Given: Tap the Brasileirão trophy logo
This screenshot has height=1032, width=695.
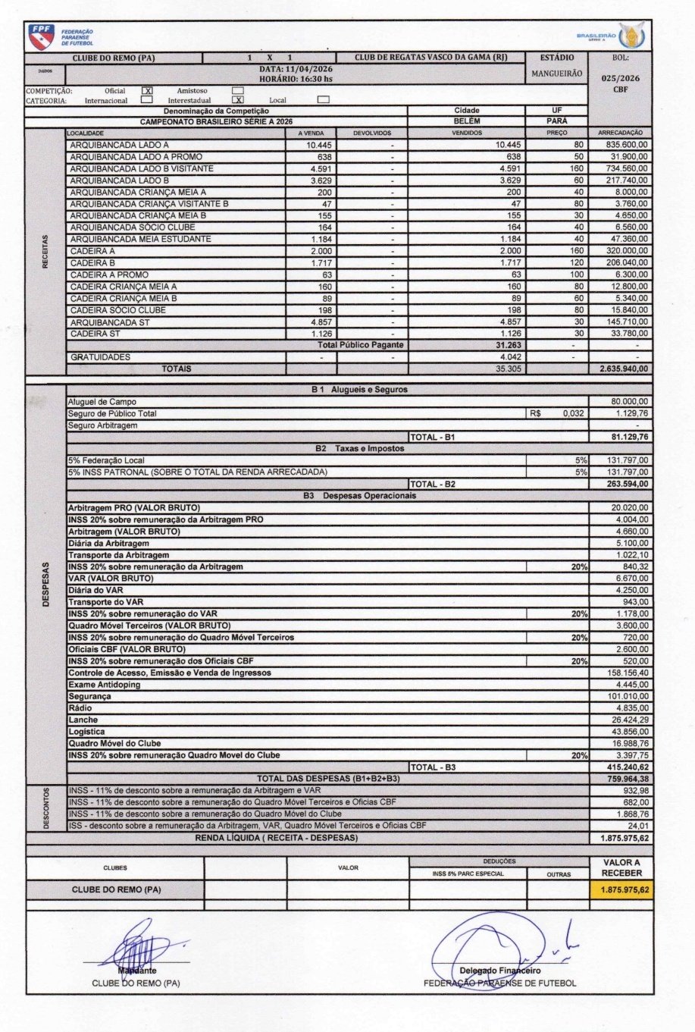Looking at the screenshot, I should click(x=628, y=35).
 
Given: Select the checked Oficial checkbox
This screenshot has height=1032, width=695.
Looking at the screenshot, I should click(x=148, y=90).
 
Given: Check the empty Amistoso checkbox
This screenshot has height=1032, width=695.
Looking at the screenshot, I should click(x=237, y=90).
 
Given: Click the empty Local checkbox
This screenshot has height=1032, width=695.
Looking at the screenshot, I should click(x=324, y=99).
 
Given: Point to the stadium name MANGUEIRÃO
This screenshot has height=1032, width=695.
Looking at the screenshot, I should click(x=556, y=74).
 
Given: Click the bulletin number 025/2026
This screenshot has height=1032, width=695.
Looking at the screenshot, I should click(x=620, y=78).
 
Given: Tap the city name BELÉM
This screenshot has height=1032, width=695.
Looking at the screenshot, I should click(x=466, y=121).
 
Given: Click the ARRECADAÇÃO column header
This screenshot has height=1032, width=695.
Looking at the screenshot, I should click(x=620, y=133).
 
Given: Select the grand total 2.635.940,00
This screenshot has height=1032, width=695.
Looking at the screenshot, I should click(x=621, y=369).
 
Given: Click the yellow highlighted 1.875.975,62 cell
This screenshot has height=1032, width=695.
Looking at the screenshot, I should click(x=621, y=890).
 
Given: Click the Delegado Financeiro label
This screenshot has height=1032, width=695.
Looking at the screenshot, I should click(x=500, y=971).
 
